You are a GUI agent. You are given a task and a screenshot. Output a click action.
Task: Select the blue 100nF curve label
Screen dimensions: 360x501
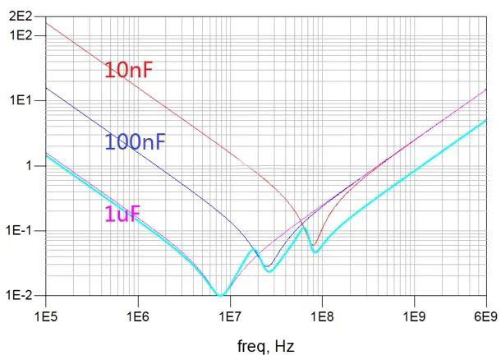coord(136,142)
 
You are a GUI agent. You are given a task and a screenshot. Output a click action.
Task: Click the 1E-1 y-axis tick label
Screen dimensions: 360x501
coord(19,230)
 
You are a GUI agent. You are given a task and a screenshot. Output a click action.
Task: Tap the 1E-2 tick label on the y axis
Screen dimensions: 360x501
coord(19,295)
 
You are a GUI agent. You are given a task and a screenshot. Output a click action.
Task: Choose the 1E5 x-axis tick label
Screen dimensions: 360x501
coord(45,315)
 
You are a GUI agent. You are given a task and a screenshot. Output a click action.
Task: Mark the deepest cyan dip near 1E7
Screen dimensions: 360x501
coord(220,293)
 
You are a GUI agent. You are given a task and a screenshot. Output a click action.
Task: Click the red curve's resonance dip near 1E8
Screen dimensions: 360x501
coord(314,244)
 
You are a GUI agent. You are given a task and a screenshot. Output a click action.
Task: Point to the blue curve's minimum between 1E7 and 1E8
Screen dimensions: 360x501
coord(268,265)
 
